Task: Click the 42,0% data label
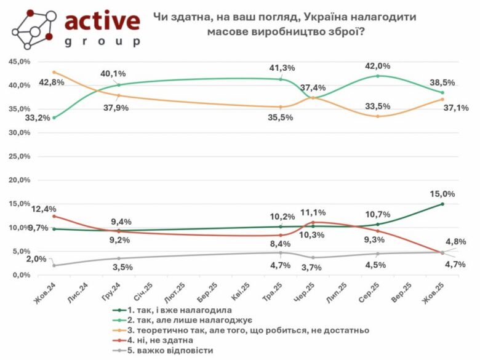pyautogui.click(x=378, y=66)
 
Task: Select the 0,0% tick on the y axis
pyautogui.click(x=21, y=275)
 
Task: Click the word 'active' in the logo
pyautogui.click(x=102, y=21)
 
